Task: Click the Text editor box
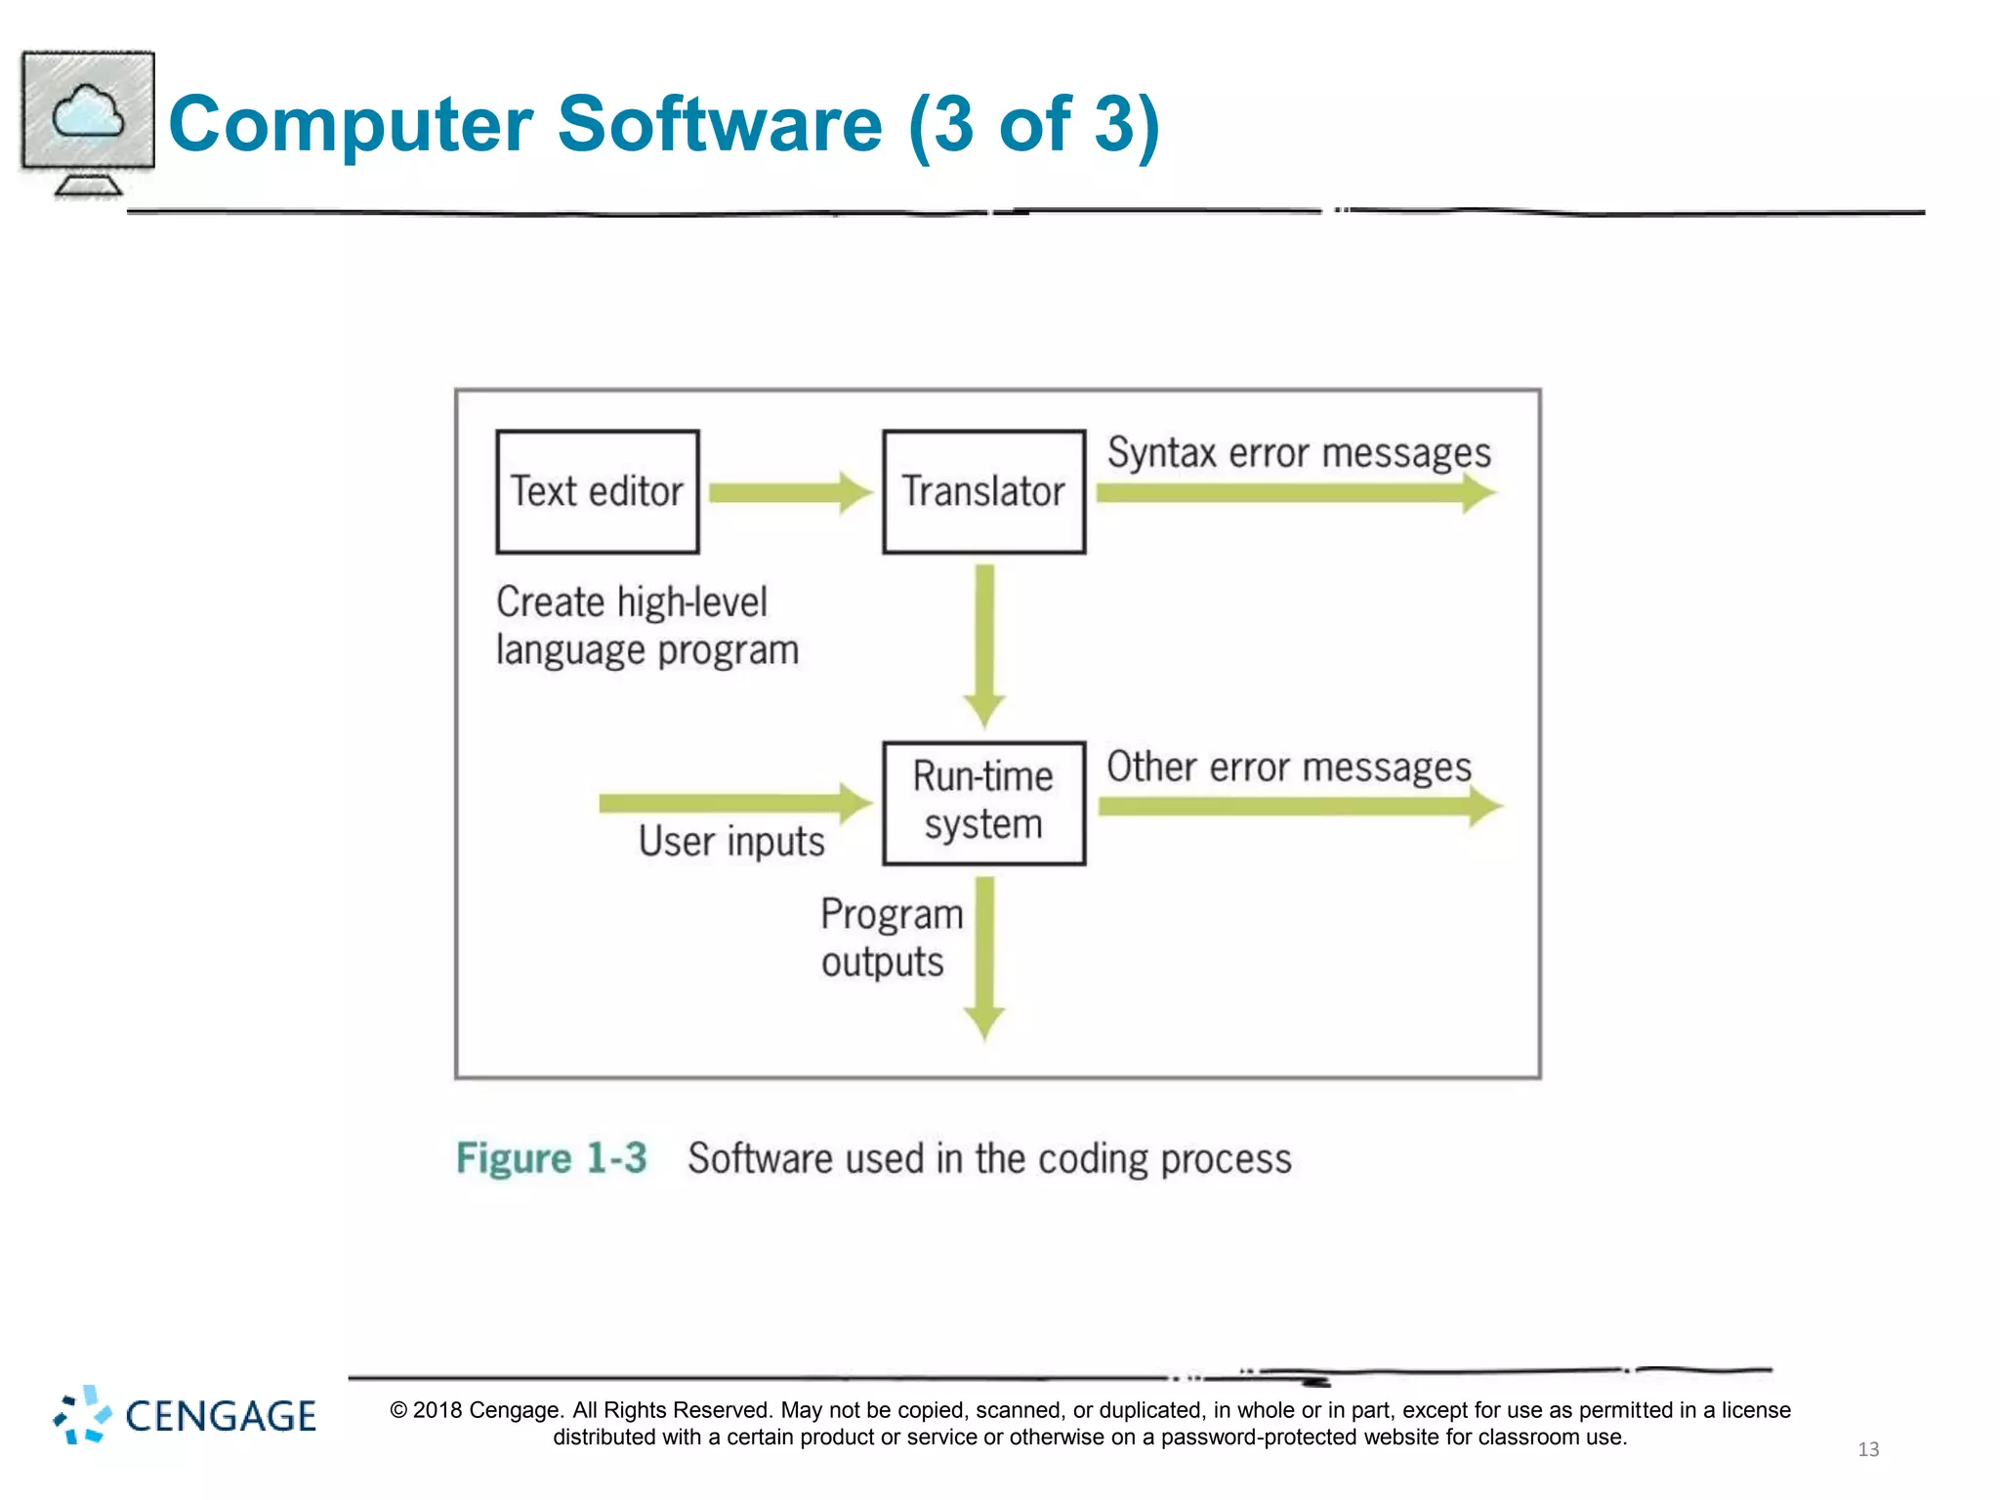597,491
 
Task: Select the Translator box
983,491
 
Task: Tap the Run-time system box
983,803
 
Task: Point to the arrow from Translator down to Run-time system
984,645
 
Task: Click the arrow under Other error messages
1299,807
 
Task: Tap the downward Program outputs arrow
984,957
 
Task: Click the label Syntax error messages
1299,453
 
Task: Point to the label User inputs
731,842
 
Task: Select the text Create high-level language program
646,626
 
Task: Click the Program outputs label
891,937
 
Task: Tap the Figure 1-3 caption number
552,1159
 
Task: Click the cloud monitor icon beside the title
88,122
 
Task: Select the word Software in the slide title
720,124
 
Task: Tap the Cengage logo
186,1415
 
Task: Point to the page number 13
1867,1449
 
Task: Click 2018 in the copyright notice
437,1410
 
